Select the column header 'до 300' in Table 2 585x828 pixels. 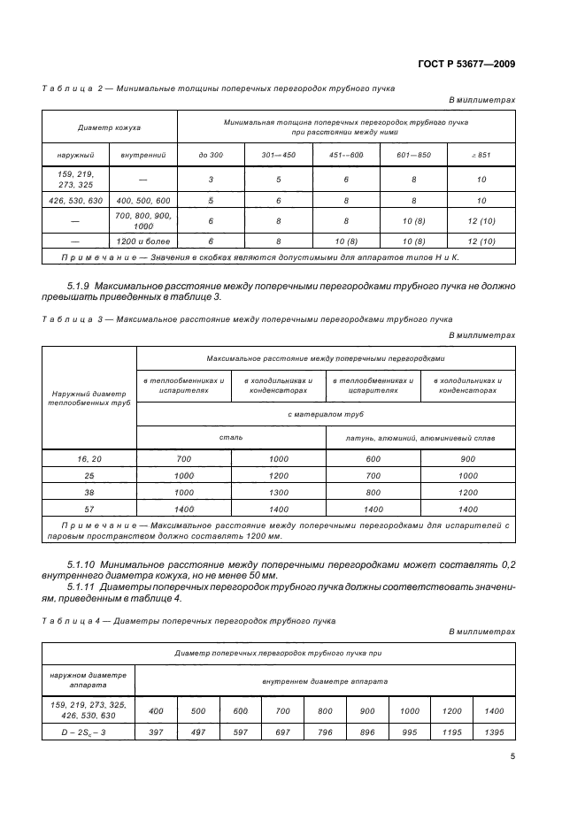[x=211, y=156]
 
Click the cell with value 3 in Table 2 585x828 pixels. [x=211, y=180]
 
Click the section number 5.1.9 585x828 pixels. [x=81, y=286]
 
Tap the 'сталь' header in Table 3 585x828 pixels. [x=231, y=437]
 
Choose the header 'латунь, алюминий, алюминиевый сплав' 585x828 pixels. [x=420, y=437]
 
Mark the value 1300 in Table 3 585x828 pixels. [x=278, y=492]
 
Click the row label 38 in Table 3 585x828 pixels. [x=89, y=492]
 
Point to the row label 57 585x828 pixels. [x=89, y=509]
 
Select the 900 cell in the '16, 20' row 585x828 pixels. [x=468, y=458]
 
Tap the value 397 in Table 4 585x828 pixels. [x=157, y=732]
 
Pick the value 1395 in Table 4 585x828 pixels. [x=494, y=732]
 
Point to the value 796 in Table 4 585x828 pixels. [x=325, y=732]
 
